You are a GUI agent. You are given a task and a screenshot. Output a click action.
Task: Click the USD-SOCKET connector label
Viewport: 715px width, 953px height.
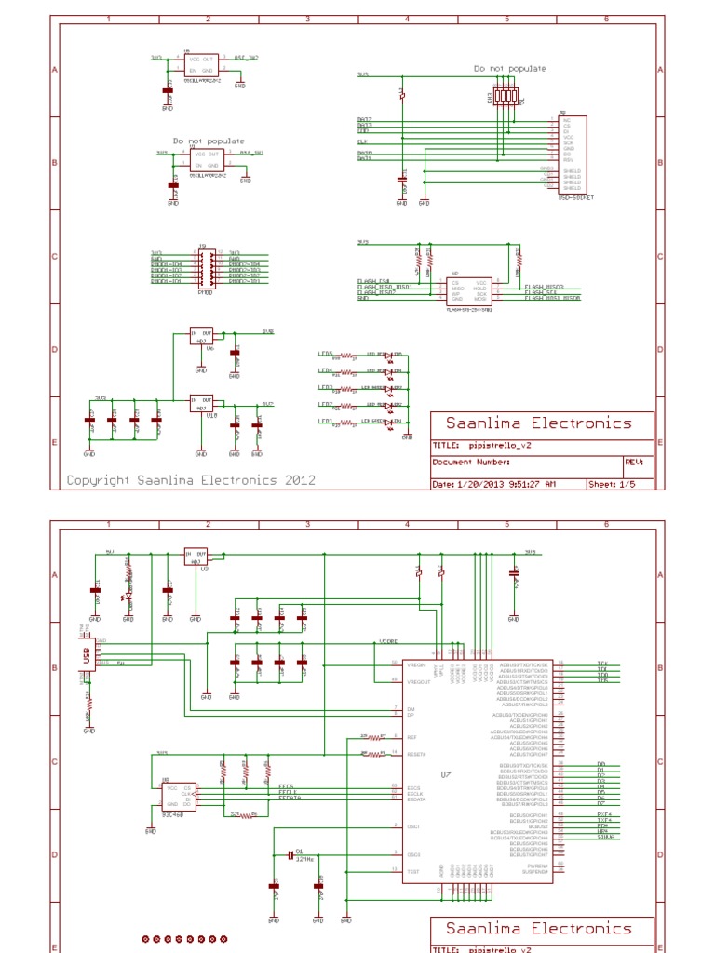574,198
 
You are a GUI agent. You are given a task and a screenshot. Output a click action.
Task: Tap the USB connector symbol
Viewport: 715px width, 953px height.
88,657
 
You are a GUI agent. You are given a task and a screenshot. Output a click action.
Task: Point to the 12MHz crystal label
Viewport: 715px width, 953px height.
304,859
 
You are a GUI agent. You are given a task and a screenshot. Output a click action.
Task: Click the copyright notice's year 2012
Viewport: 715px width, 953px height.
298,480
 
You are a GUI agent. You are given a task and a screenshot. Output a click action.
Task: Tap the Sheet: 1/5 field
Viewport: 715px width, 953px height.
618,484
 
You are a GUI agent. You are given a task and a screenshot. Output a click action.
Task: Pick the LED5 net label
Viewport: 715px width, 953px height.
326,354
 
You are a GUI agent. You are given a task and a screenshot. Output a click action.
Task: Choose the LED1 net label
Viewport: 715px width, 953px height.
326,422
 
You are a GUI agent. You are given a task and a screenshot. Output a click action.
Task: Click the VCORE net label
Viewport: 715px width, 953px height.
388,642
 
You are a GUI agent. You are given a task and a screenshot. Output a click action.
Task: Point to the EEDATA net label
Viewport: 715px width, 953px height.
291,799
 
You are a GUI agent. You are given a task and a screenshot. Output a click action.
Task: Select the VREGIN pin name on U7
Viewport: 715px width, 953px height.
416,664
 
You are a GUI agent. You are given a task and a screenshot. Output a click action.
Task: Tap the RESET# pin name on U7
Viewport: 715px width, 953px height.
416,754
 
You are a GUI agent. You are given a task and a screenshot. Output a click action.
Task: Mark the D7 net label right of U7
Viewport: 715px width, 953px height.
601,803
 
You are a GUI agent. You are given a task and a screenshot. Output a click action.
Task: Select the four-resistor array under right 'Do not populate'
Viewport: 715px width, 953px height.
505,96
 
